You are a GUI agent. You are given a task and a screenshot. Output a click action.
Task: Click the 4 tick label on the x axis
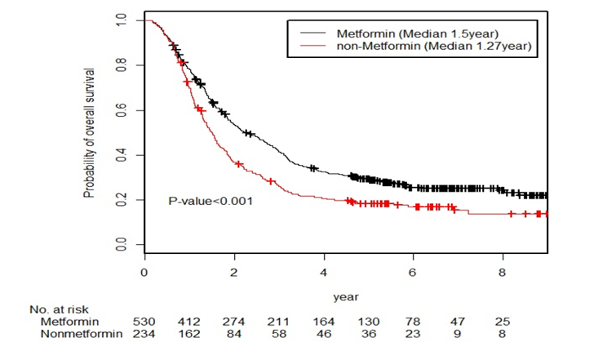324,272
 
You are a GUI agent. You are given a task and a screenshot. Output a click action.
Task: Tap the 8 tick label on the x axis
503,272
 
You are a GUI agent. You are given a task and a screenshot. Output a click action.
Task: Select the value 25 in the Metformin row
504,322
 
